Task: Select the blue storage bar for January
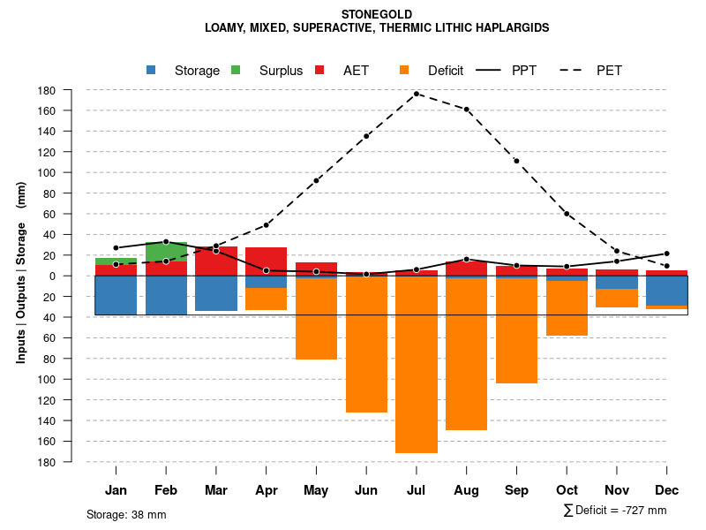tap(116, 295)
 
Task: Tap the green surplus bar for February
tap(166, 251)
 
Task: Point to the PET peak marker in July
tap(417, 94)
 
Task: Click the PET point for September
tap(516, 161)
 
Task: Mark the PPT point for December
tap(667, 254)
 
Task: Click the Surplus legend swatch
tap(237, 70)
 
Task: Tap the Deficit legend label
tap(446, 71)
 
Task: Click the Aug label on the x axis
tap(467, 490)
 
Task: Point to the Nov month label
tap(617, 490)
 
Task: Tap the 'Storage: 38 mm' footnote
tap(126, 514)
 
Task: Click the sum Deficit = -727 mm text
tap(615, 511)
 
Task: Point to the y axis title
tap(22, 284)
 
